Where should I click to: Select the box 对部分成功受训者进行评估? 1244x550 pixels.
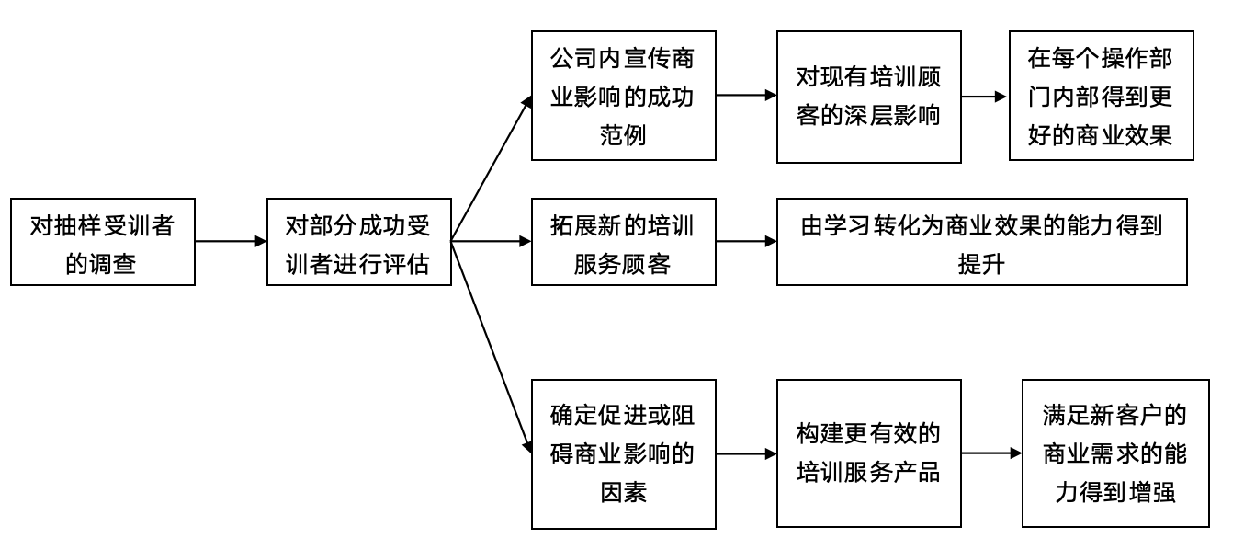(x=358, y=242)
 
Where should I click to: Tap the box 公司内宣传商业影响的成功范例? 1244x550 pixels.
(x=622, y=97)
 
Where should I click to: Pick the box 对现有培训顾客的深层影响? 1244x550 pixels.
(x=868, y=97)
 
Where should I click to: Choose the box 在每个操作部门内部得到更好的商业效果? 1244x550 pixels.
(x=1101, y=97)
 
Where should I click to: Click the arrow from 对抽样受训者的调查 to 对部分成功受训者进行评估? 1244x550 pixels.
(x=230, y=242)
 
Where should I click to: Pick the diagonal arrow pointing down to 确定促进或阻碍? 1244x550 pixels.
(x=492, y=345)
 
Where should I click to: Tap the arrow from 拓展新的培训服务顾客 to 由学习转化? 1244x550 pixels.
(x=745, y=243)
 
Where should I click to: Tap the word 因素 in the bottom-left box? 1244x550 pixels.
(x=622, y=491)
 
